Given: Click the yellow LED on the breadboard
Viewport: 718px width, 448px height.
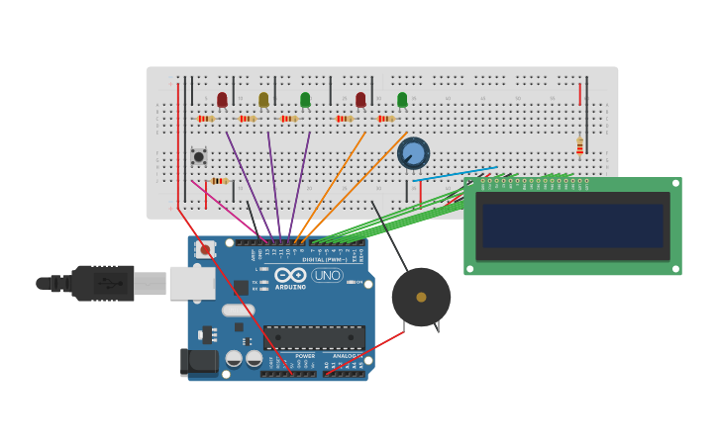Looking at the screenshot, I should coord(263,99).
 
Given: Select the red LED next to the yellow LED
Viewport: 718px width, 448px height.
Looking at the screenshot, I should coord(222,99).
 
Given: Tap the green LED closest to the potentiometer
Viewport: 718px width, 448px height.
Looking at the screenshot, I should coord(402,99).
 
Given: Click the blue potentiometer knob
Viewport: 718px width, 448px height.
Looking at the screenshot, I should coord(413,153).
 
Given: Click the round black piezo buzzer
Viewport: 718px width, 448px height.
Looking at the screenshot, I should coord(421,297).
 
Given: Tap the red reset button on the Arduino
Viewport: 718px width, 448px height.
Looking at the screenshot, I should coord(205,250).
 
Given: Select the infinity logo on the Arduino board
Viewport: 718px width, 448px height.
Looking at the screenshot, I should coord(290,275).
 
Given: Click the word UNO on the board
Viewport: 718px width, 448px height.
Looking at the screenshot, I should coord(327,275).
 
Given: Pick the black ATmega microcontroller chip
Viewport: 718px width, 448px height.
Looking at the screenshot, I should coord(314,337).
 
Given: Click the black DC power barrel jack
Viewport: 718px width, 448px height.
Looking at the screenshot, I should coord(199,362).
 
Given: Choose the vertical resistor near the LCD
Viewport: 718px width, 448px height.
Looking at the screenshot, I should coord(580,146).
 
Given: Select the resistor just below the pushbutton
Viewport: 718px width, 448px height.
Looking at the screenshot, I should coord(219,181).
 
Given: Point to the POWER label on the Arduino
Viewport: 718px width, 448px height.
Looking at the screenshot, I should coord(305,356).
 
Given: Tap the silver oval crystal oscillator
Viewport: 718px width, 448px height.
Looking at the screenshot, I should coord(238,310).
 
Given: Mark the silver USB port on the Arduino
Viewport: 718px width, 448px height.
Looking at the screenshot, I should coord(191,283).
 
